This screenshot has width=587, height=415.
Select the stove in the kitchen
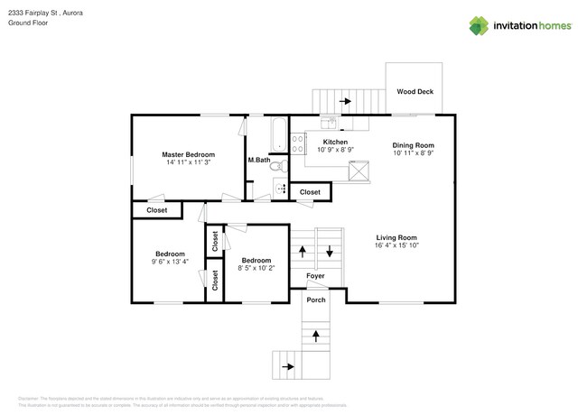click(297, 142)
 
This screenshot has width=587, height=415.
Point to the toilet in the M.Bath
click(280, 166)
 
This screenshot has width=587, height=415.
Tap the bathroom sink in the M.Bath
click(280, 189)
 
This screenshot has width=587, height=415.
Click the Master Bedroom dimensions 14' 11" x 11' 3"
click(188, 162)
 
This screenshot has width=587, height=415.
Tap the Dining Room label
click(414, 145)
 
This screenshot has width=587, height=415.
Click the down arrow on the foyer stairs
click(331, 252)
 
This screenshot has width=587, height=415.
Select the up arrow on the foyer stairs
click(303, 252)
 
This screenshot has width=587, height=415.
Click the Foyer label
click(315, 276)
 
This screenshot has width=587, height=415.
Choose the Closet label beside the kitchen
click(310, 192)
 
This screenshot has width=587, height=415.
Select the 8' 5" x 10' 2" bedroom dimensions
click(256, 268)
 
